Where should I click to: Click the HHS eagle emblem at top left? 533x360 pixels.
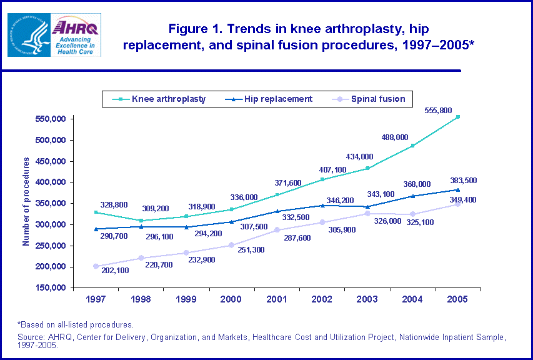pyautogui.click(x=27, y=35)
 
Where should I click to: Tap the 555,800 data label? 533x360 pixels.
pyautogui.click(x=446, y=110)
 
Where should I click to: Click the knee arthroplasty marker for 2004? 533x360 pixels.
pyautogui.click(x=412, y=146)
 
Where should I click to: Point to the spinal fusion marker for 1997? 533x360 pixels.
pyautogui.click(x=96, y=266)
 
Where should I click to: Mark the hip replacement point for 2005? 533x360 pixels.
pyautogui.click(x=458, y=189)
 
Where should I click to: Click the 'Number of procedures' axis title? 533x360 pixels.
pyautogui.click(x=26, y=201)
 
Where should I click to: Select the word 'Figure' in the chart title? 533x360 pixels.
pyautogui.click(x=186, y=29)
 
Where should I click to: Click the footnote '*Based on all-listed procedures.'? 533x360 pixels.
pyautogui.click(x=75, y=324)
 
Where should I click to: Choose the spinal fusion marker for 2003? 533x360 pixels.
pyautogui.click(x=367, y=214)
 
